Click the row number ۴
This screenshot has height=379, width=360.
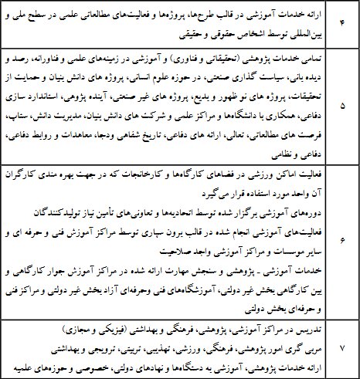[x=341, y=26]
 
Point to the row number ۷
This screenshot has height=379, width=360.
[x=341, y=348]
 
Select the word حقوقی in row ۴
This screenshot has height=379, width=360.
[x=214, y=35]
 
